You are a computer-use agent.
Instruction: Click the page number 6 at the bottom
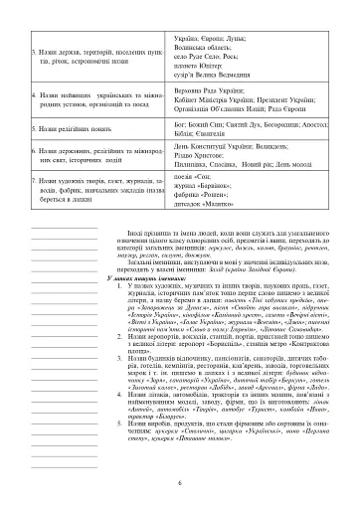179,482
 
